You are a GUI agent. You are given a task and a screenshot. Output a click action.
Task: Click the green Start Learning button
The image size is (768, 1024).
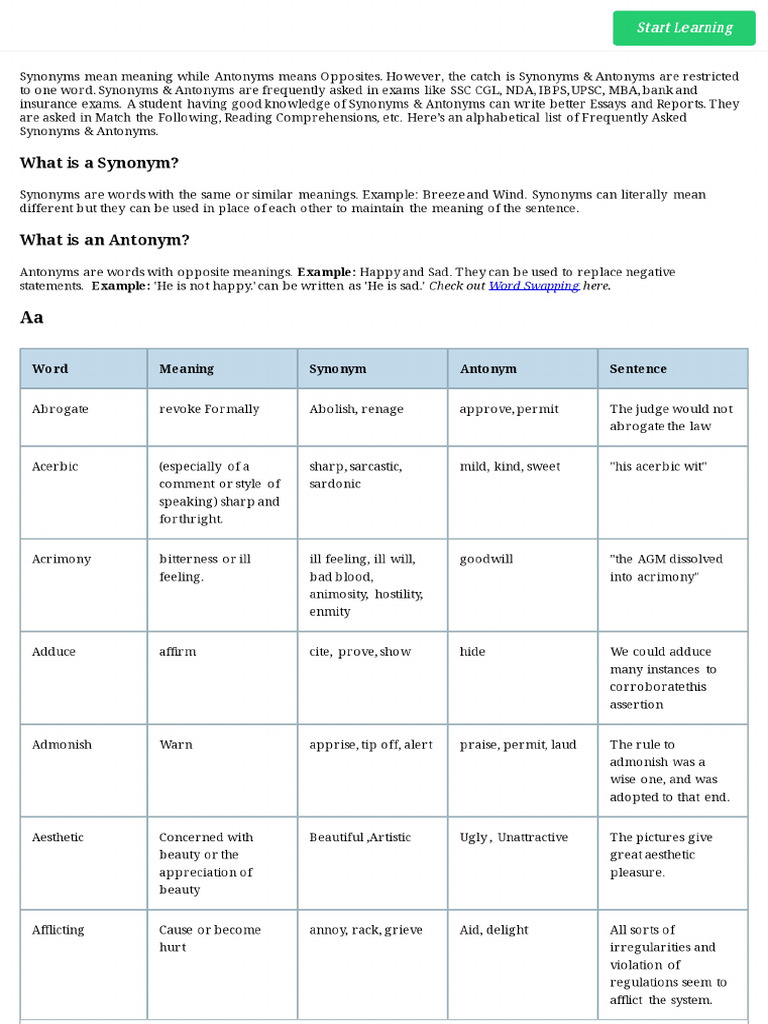(684, 28)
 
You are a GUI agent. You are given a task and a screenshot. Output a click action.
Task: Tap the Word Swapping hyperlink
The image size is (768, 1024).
(533, 286)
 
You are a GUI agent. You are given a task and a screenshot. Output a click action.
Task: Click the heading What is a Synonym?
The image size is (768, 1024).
(99, 163)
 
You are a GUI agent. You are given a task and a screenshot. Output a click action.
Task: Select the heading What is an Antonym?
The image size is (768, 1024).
(104, 240)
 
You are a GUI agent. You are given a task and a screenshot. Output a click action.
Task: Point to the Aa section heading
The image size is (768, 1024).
(32, 318)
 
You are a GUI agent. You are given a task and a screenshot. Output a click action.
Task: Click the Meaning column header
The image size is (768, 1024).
(186, 369)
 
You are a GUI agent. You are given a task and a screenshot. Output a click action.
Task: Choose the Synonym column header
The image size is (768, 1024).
(338, 369)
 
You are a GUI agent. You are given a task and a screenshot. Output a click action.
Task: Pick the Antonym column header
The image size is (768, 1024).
(488, 369)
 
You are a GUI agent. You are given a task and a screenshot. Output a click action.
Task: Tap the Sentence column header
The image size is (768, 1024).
(638, 369)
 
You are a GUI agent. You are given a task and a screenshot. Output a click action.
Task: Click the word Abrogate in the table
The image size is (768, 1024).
(60, 409)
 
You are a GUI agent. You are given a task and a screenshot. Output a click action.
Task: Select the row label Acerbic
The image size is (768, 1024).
(55, 467)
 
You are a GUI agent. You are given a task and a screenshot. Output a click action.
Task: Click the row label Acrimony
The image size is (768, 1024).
(59, 559)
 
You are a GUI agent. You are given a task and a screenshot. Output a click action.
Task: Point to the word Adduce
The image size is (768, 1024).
(54, 652)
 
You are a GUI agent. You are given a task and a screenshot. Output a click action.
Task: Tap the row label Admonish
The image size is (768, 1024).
(61, 745)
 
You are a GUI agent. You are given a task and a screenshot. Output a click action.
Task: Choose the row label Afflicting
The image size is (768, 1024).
(60, 930)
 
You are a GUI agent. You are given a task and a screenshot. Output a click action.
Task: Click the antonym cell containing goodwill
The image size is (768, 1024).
(486, 559)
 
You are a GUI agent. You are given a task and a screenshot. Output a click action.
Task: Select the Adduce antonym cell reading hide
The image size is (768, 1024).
(472, 652)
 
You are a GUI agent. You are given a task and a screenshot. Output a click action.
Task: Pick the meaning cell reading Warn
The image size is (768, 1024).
(176, 745)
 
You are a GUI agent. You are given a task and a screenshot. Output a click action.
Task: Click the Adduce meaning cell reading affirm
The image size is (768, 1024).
(178, 652)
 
